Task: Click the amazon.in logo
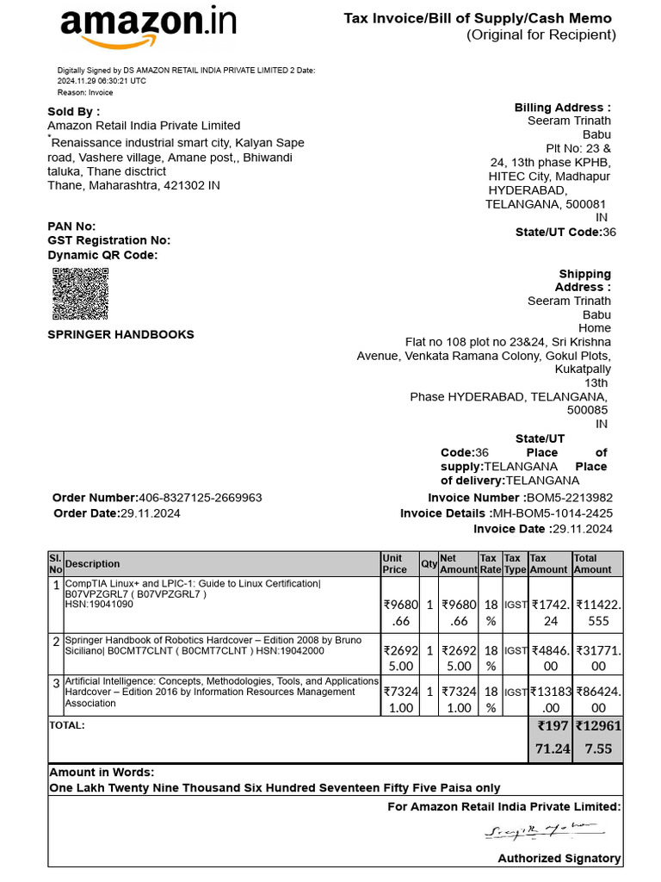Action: pos(147,26)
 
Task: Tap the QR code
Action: pos(81,294)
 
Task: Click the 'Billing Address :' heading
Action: pos(563,108)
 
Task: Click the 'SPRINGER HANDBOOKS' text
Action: pos(120,334)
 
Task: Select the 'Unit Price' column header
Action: pos(394,564)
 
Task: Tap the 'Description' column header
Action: pos(93,564)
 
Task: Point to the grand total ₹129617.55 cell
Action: pos(597,738)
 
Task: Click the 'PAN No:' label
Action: pos(71,227)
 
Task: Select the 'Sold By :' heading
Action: pos(73,112)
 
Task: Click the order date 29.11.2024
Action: pos(150,513)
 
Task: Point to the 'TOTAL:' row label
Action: pos(67,725)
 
